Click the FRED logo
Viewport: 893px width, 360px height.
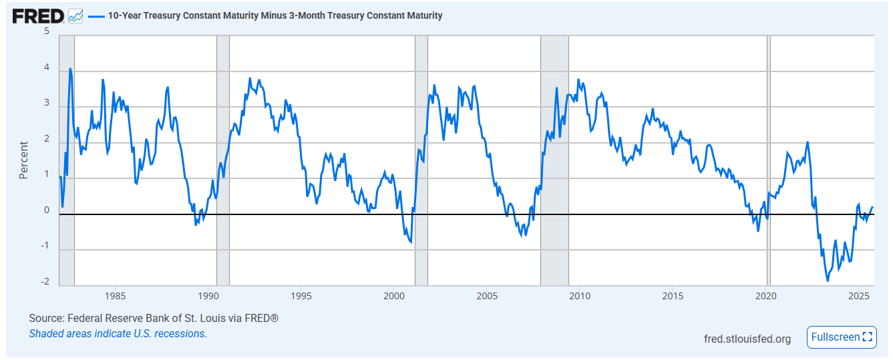(x=38, y=16)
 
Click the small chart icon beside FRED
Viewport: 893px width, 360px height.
(x=75, y=16)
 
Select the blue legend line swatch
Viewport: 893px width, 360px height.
(x=96, y=16)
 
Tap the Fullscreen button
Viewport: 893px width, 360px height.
(x=842, y=337)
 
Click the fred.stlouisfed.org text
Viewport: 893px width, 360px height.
(x=747, y=339)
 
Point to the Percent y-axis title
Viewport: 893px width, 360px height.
(x=23, y=160)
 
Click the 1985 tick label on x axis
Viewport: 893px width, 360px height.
(x=115, y=296)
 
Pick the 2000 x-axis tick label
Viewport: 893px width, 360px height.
(x=394, y=296)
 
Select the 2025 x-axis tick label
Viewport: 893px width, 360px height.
(x=858, y=296)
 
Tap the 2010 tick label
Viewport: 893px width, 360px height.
(x=580, y=296)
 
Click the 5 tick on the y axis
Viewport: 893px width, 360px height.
(x=47, y=31)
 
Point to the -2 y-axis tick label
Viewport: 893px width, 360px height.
(x=45, y=281)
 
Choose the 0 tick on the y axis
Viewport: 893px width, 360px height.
(x=47, y=210)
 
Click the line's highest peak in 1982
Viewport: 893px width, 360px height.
(x=70, y=69)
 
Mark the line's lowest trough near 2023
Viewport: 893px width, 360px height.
(x=828, y=281)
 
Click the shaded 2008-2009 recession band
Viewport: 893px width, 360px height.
(x=554, y=160)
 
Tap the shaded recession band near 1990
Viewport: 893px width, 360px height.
(x=223, y=160)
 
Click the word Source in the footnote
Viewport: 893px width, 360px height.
(x=45, y=319)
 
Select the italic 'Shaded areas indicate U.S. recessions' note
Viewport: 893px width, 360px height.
(x=118, y=334)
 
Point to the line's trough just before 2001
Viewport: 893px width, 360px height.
(x=411, y=242)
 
